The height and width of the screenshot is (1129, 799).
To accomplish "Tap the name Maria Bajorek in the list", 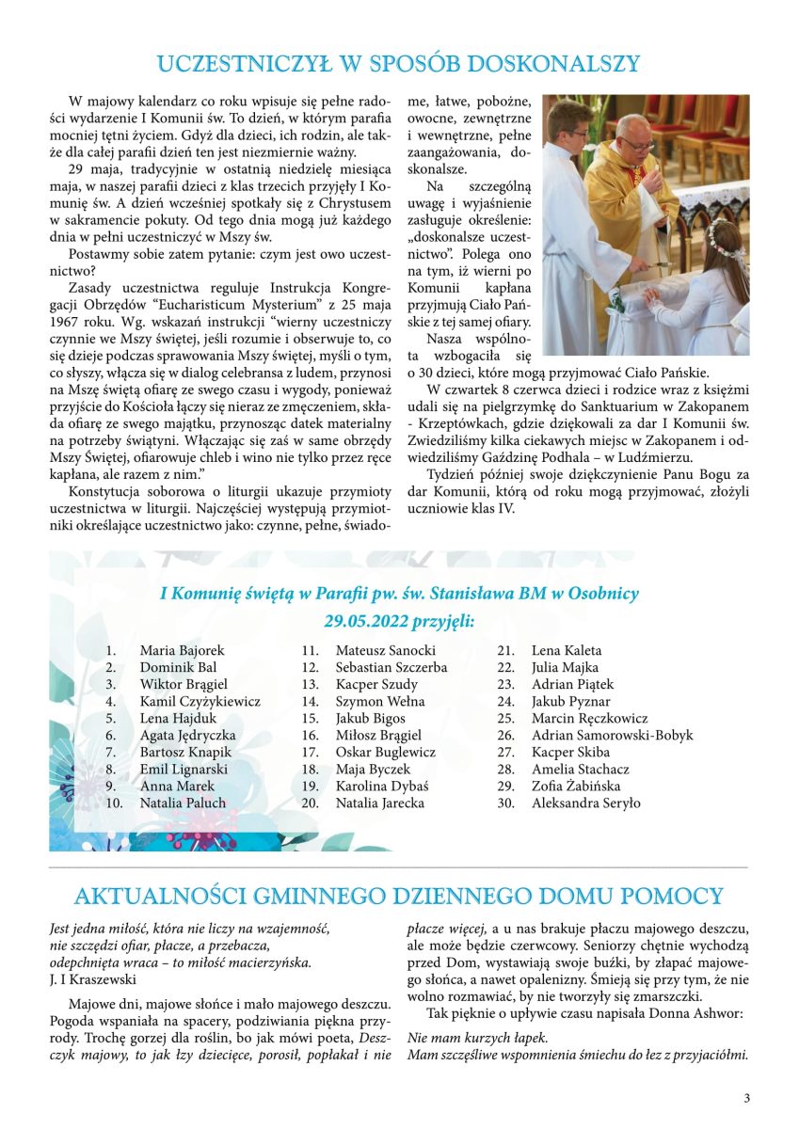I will (x=182, y=650).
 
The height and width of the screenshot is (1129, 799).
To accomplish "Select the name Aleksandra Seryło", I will (x=585, y=803).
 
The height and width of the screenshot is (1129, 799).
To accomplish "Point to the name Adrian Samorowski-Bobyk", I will (x=612, y=735).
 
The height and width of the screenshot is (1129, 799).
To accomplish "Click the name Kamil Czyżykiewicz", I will (x=200, y=701).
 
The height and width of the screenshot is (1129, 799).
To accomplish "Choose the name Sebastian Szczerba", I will (x=391, y=667).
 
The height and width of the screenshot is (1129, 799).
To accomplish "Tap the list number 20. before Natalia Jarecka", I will (x=310, y=803).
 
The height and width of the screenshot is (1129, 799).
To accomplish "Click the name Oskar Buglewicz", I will (x=386, y=752).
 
